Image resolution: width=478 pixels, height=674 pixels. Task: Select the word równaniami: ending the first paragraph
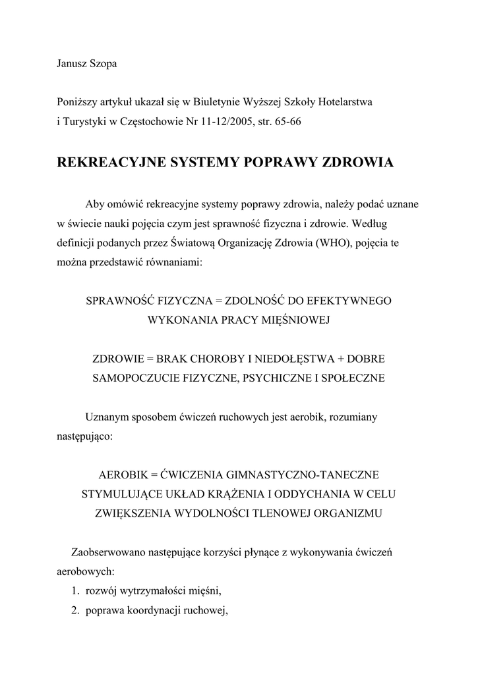click(x=173, y=262)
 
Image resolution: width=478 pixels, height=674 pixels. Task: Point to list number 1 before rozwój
click(x=75, y=590)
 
